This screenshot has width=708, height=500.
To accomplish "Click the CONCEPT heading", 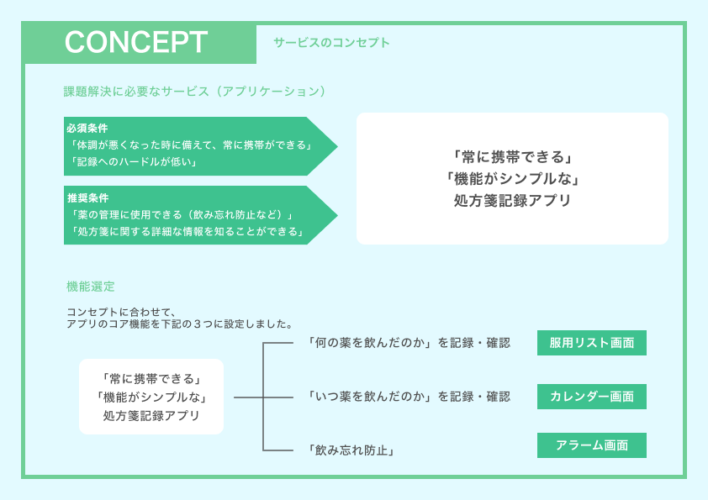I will click(x=136, y=42).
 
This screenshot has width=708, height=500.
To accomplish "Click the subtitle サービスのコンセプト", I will click(x=331, y=42).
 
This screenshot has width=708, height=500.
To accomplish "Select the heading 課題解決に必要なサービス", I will click(x=194, y=91).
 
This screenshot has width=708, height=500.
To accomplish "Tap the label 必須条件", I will click(x=87, y=129).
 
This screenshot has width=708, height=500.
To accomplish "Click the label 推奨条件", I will click(x=87, y=198).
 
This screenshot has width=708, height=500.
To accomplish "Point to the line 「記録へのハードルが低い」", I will click(x=132, y=161).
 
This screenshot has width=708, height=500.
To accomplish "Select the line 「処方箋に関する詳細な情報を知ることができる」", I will click(x=188, y=231).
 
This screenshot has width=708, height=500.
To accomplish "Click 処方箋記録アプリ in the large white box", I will click(x=512, y=200).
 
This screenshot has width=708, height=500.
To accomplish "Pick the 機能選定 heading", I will click(x=91, y=287).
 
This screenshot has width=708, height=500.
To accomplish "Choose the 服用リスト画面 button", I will click(x=592, y=343).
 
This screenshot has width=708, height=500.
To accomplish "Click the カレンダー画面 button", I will click(x=592, y=396).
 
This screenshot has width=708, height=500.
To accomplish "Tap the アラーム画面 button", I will click(x=592, y=445).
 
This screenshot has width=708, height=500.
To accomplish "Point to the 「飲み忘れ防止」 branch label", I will click(x=351, y=450).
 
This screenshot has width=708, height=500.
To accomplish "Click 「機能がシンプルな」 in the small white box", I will click(x=151, y=397).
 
